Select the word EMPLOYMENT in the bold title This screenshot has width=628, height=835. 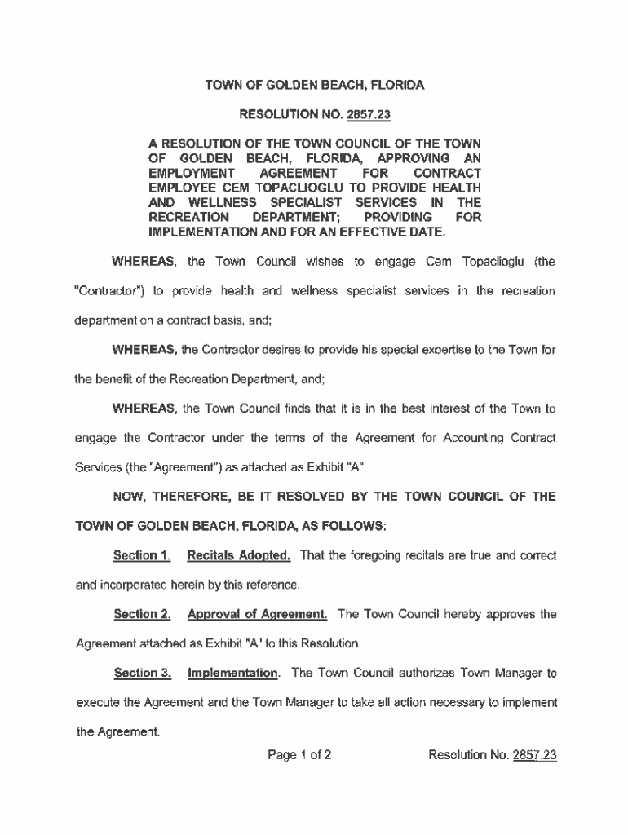(185, 174)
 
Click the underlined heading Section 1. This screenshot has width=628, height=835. (141, 556)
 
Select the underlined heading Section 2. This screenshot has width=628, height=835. (141, 614)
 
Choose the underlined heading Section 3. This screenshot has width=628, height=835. (141, 673)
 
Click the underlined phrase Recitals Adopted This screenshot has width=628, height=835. (239, 556)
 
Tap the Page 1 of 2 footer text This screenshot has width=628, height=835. (299, 755)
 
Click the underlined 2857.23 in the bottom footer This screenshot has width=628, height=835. (534, 755)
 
